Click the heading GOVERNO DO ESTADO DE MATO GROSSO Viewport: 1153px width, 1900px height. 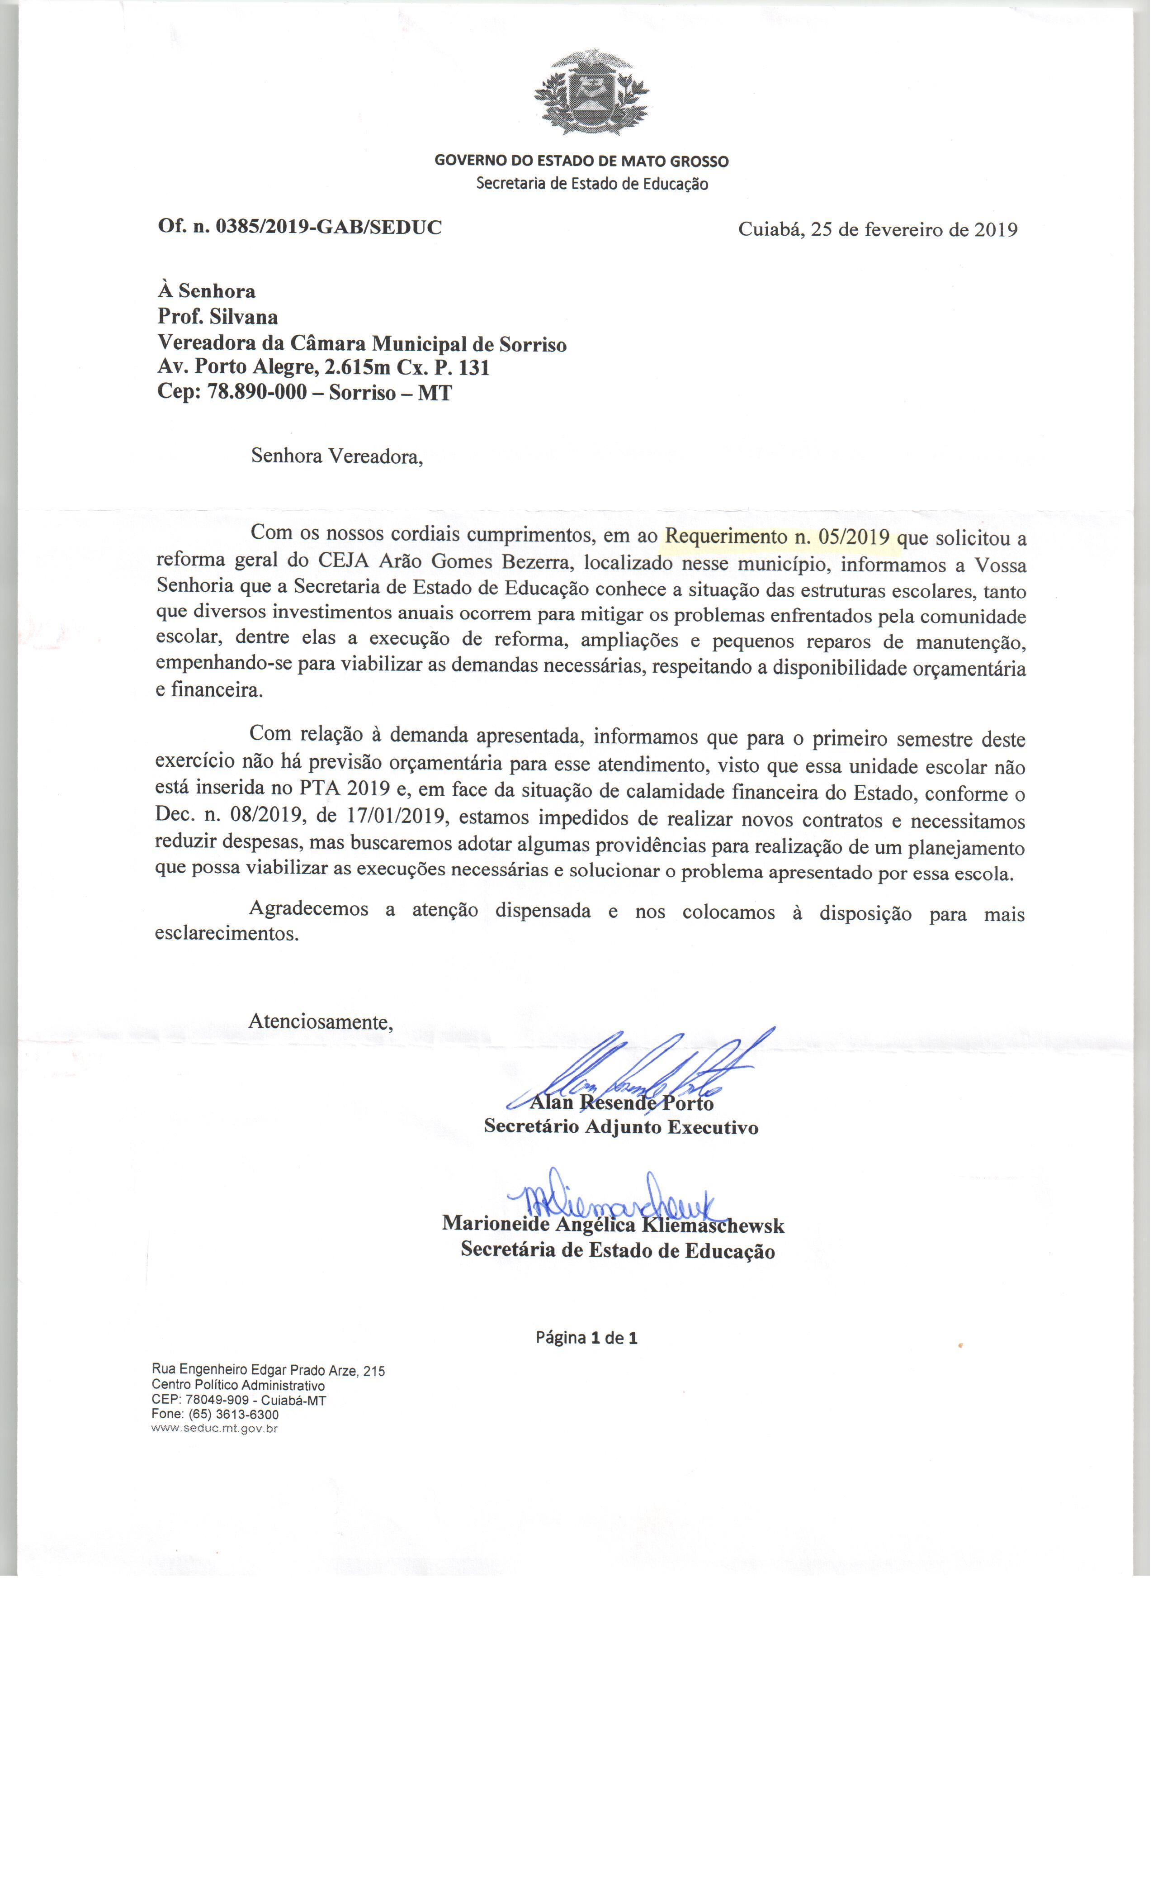[581, 161]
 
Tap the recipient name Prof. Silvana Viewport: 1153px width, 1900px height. [218, 317]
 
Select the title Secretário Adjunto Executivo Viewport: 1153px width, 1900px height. [620, 1126]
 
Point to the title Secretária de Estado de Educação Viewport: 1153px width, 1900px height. [617, 1250]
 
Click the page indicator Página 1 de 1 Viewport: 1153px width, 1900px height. [586, 1338]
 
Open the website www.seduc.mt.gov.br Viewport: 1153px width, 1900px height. [215, 1428]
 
